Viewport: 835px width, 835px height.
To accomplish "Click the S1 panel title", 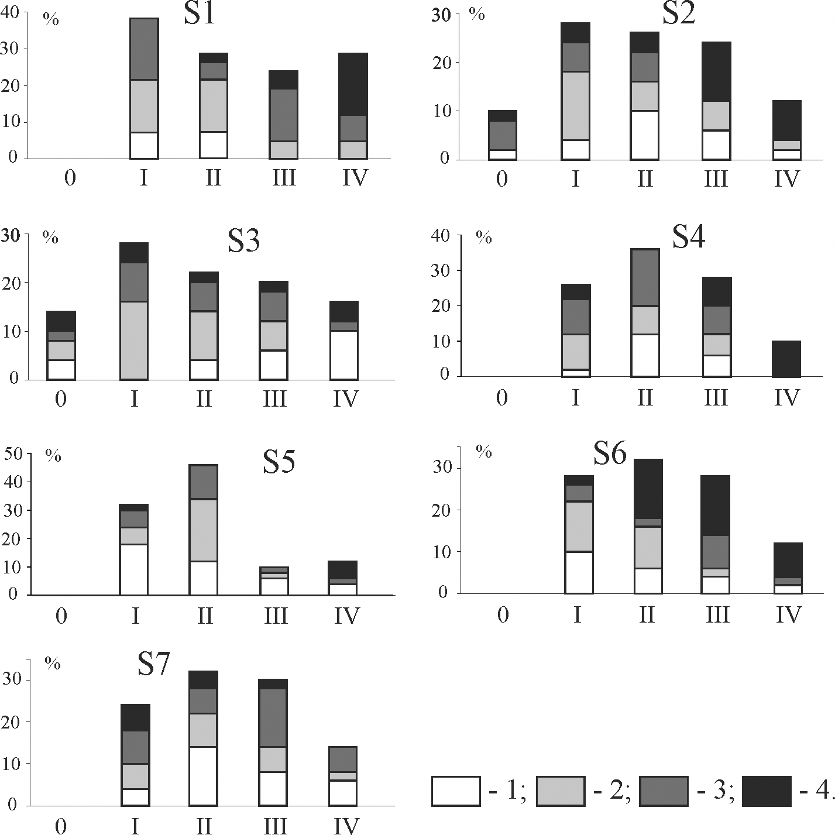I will pos(200,15).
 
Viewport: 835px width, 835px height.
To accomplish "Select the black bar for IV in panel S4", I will pos(786,359).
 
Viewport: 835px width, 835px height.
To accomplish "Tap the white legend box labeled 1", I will pos(456,791).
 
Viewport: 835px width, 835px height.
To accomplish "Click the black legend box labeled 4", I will pos(766,791).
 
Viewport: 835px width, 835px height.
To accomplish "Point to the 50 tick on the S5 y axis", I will pos(13,453).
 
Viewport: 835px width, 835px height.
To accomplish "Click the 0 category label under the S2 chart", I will pos(501,178).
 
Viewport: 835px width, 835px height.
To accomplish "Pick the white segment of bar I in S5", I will pos(134,569).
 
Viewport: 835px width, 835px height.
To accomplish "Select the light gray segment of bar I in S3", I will pos(134,340).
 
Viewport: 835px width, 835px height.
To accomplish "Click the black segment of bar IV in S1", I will pos(353,84).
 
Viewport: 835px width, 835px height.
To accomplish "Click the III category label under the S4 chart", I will pos(715,398).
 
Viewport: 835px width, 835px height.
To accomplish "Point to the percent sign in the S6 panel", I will pos(483,451).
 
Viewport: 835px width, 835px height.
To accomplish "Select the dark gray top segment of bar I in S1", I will pos(143,49).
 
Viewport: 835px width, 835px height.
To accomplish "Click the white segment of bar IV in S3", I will pos(344,355).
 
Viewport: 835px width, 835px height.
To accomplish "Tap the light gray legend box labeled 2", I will pos(560,791).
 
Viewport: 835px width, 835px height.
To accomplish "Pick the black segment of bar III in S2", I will pos(716,72).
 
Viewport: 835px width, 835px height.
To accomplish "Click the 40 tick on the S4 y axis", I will pos(440,235).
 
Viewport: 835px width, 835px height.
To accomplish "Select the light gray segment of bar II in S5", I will pos(203,530).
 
